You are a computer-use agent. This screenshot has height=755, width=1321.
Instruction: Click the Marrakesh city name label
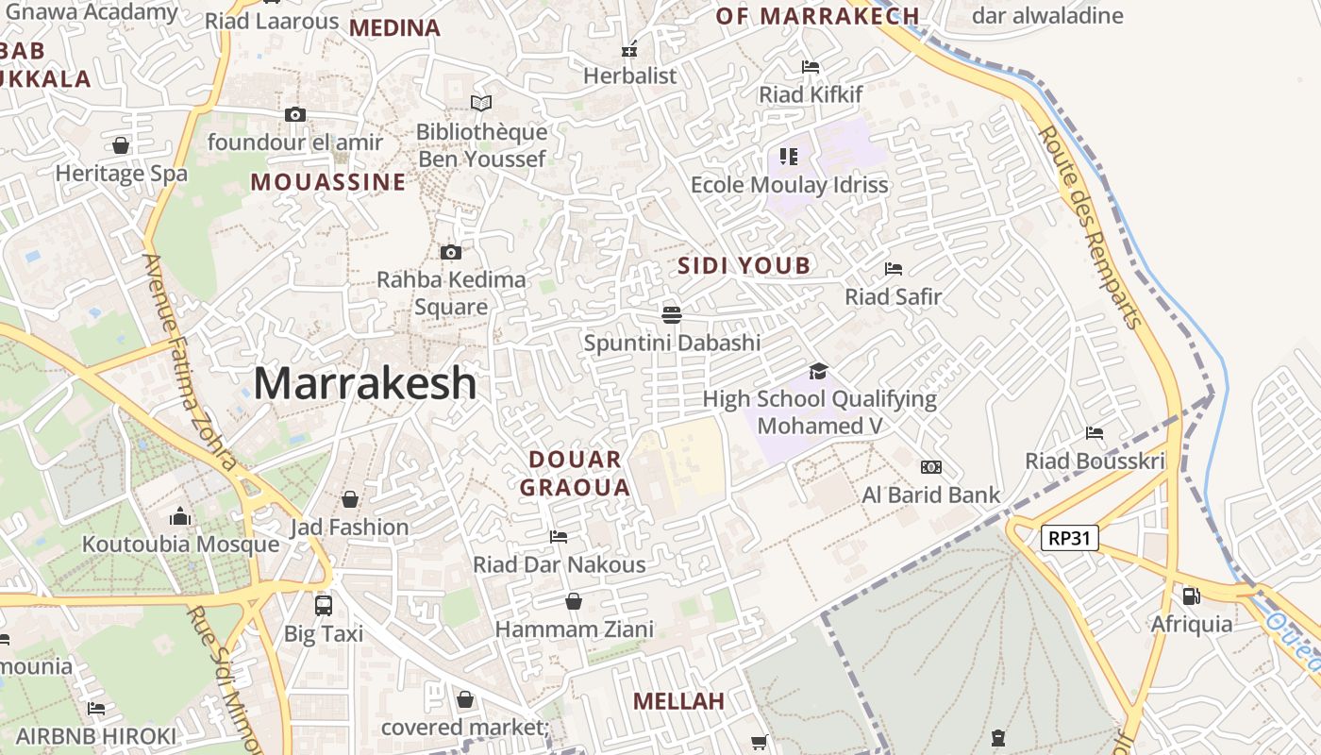coord(365,383)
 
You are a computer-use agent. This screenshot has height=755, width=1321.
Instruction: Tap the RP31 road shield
coord(1070,538)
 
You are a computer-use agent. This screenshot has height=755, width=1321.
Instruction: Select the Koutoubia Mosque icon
coord(180,516)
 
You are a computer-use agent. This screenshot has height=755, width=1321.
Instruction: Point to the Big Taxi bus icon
coord(324,605)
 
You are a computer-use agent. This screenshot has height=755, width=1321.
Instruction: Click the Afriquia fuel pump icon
coord(1192,596)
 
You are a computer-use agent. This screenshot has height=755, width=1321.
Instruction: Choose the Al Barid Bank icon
coord(931,467)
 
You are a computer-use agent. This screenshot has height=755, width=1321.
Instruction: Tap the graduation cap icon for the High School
coord(818,371)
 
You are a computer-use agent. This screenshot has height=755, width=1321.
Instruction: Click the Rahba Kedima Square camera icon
coord(451,252)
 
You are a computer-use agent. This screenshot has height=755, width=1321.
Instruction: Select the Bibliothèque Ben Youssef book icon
coord(481,103)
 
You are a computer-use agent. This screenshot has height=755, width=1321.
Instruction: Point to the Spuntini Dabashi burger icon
coord(672,314)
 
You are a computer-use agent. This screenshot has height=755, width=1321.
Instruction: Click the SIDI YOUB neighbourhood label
coord(744,266)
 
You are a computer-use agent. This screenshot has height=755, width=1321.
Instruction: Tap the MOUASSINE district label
coord(328,182)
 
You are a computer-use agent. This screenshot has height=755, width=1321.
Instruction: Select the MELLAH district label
coord(678,701)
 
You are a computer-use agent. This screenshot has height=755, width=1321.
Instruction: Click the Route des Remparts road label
coord(1091,226)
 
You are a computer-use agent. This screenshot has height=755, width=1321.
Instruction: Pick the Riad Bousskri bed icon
coord(1095,433)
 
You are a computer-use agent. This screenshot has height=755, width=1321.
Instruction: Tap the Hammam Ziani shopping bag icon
coord(573,601)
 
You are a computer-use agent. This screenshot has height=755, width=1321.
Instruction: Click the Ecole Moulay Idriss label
coord(790,185)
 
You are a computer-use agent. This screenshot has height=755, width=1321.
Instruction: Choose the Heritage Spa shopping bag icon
coord(121,145)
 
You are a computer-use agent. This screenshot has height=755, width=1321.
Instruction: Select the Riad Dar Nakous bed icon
coord(559,537)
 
